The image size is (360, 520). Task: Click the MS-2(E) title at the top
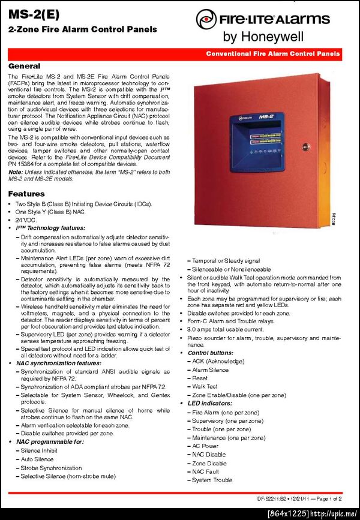[33, 15]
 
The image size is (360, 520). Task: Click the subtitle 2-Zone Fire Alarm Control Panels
[83, 29]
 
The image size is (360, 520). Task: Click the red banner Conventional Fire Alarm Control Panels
[273, 53]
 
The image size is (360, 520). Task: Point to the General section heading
[24, 66]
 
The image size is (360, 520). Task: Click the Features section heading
[26, 194]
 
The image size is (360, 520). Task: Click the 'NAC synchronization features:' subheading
[58, 363]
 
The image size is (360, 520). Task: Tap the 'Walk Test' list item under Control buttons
[205, 387]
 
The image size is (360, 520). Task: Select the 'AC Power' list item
[205, 446]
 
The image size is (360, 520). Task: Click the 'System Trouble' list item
[212, 480]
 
